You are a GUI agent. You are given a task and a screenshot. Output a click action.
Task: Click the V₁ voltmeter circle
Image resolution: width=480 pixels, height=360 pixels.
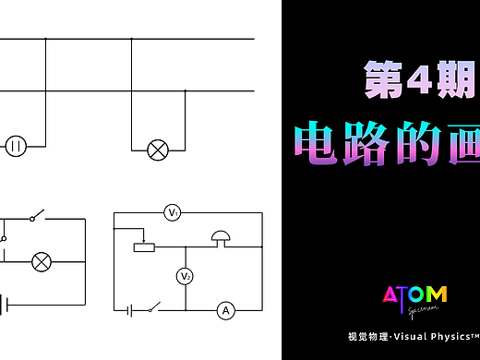pyautogui.click(x=172, y=213)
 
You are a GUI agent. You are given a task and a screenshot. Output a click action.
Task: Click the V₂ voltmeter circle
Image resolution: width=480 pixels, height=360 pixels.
pyautogui.click(x=185, y=277)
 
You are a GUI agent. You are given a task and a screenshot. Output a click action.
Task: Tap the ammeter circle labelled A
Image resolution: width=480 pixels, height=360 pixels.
pyautogui.click(x=224, y=311)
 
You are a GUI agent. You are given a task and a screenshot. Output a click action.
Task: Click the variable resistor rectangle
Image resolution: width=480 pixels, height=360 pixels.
pyautogui.click(x=143, y=247)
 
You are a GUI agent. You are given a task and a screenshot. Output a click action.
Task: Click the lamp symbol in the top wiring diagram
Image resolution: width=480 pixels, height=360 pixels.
pyautogui.click(x=158, y=147)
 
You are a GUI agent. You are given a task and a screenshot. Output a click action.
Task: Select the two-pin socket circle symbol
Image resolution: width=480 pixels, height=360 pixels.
pyautogui.click(x=17, y=146)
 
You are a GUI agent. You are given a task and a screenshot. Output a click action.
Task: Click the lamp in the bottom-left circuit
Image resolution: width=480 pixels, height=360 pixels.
pyautogui.click(x=42, y=262)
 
